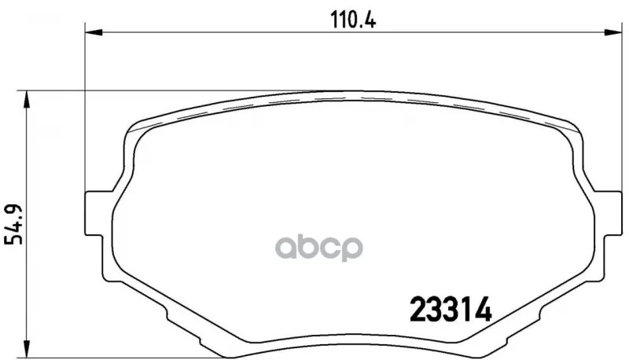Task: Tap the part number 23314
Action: tap(450, 310)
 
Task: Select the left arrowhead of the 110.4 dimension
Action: tap(94, 32)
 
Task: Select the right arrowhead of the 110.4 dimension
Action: tap(613, 32)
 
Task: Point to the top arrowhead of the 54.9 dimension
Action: tap(27, 99)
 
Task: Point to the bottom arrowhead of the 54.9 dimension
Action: tap(27, 348)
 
